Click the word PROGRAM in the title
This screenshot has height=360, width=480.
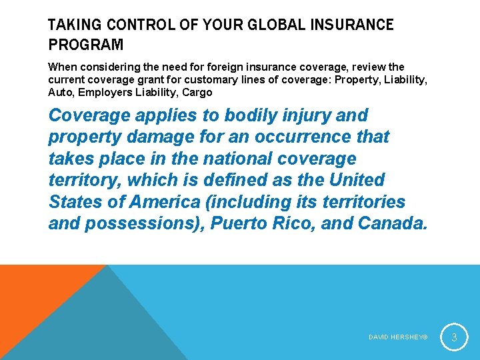pyautogui.click(x=86, y=45)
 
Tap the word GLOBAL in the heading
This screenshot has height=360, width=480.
pyautogui.click(x=270, y=25)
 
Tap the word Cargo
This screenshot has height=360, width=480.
pyautogui.click(x=197, y=93)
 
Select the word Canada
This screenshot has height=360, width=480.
pyautogui.click(x=392, y=223)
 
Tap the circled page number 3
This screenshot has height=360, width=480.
pyautogui.click(x=453, y=337)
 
